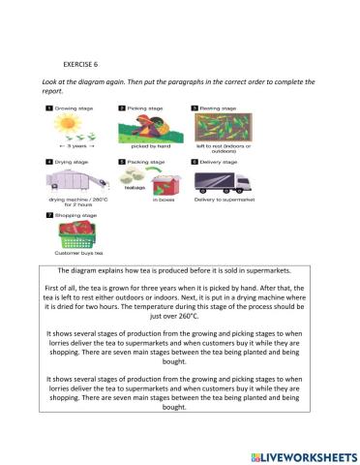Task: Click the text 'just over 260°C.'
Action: tap(181, 315)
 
